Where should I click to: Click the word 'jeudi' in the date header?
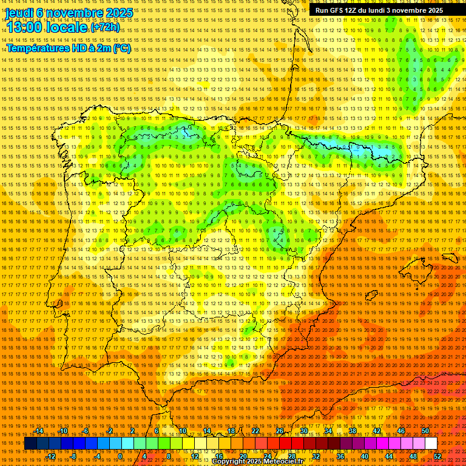click(18, 13)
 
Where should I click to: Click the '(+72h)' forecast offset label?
click(105, 27)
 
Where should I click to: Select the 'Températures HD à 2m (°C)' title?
click(69, 49)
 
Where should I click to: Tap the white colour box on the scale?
click(431, 444)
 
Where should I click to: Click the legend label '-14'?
click(39, 431)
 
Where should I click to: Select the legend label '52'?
click(437, 456)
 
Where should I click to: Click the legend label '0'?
click(120, 456)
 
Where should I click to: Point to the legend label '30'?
click(303, 431)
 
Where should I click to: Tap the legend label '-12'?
click(51, 456)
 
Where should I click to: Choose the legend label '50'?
click(425, 431)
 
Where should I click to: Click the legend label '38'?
click(352, 431)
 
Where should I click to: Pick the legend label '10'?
click(181, 431)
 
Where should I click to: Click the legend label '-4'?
click(96, 456)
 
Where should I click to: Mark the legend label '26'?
click(279, 431)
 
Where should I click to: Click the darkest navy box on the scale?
click(30, 444)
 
